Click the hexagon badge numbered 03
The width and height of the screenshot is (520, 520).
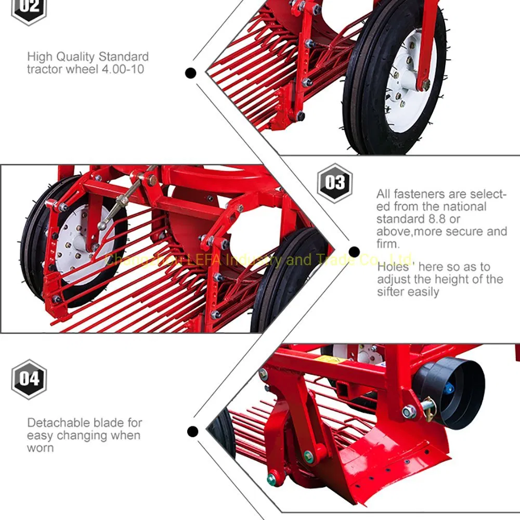(335, 183)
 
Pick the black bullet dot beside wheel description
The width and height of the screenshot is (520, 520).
(191, 73)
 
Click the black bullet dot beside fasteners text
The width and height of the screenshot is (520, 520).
(355, 252)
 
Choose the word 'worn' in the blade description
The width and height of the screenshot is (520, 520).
(40, 448)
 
